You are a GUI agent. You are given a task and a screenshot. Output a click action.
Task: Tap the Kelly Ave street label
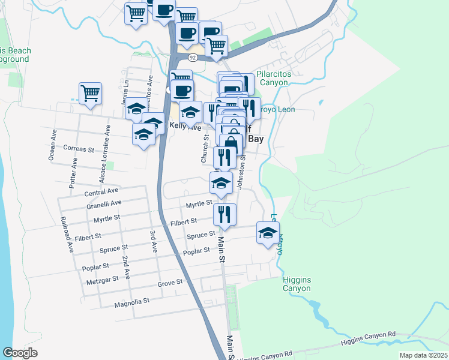(x=185, y=127)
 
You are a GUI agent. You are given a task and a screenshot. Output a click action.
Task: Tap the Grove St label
(x=170, y=281)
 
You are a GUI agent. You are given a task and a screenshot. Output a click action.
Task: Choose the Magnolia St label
(x=131, y=304)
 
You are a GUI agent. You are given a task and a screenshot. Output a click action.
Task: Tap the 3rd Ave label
(x=154, y=239)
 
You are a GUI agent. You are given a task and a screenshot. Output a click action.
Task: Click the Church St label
(x=204, y=149)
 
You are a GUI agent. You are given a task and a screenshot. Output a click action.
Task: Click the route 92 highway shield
(x=192, y=58)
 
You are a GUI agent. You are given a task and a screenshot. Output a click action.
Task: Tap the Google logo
(x=20, y=352)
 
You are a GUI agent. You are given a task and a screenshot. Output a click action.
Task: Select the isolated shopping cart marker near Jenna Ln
(x=90, y=94)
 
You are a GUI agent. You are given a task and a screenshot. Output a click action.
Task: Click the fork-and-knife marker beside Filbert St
(x=224, y=214)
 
